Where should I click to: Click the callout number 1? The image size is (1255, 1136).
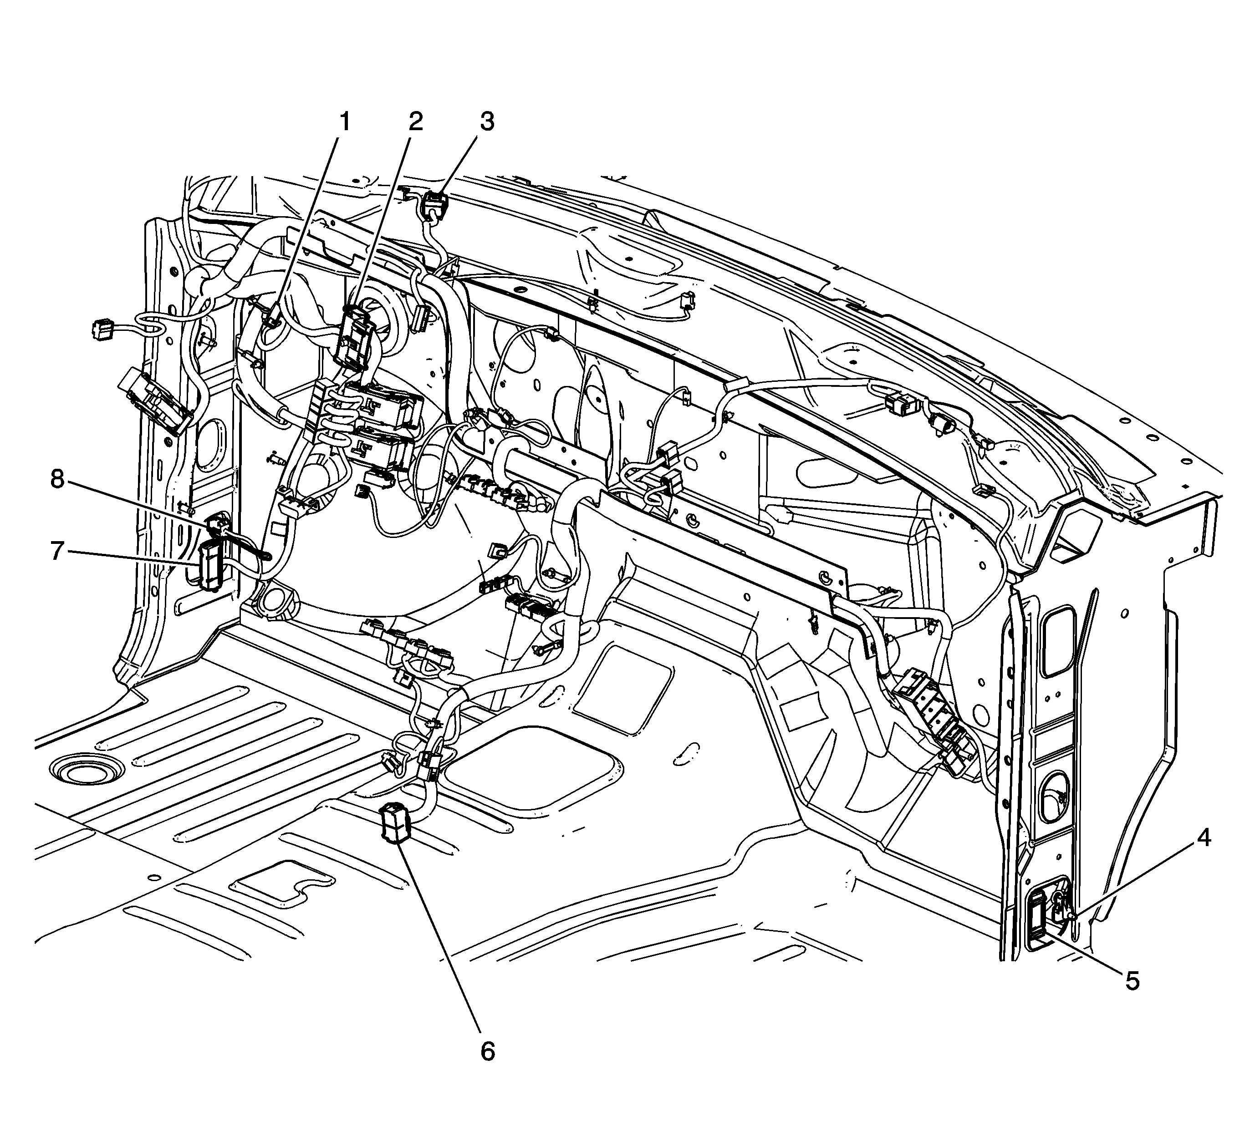click(344, 122)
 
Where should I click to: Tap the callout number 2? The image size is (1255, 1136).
click(415, 122)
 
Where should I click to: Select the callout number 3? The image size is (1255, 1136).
click(487, 122)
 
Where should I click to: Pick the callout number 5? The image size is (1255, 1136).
click(1132, 980)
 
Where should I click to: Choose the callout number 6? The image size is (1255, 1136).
click(487, 1051)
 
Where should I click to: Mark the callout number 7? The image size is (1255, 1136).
click(57, 551)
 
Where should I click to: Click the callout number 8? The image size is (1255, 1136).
click(57, 480)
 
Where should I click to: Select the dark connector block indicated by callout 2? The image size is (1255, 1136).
click(355, 340)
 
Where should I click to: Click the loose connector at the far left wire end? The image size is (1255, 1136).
click(102, 329)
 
